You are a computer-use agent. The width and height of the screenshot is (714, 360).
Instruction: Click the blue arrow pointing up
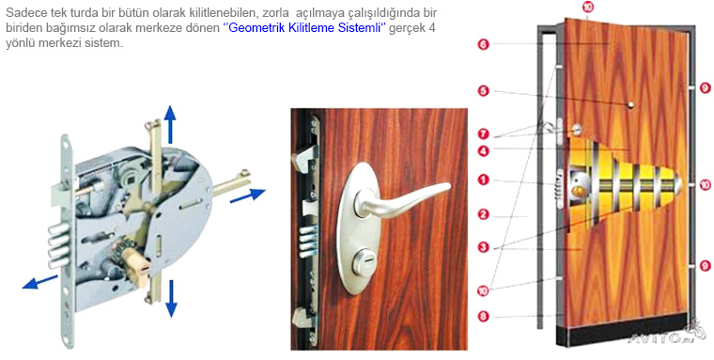170,124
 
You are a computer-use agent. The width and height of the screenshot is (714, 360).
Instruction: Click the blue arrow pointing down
171,299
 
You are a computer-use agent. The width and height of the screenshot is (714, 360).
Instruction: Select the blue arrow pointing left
39,282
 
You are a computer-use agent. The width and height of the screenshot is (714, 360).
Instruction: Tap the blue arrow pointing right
248,196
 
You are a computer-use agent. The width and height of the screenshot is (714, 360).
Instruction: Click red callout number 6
484,44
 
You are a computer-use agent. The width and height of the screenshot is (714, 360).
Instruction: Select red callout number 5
484,91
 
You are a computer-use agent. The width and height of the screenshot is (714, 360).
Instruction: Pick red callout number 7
484,134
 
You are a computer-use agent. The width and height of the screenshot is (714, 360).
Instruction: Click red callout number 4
484,150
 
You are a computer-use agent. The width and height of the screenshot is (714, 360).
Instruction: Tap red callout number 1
484,180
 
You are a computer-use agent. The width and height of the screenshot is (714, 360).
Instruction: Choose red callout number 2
484,214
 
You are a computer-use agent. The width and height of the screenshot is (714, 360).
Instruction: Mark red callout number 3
484,247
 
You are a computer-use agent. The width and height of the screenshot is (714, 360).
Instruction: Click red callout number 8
484,316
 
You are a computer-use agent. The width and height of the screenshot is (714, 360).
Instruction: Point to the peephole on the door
630,105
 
